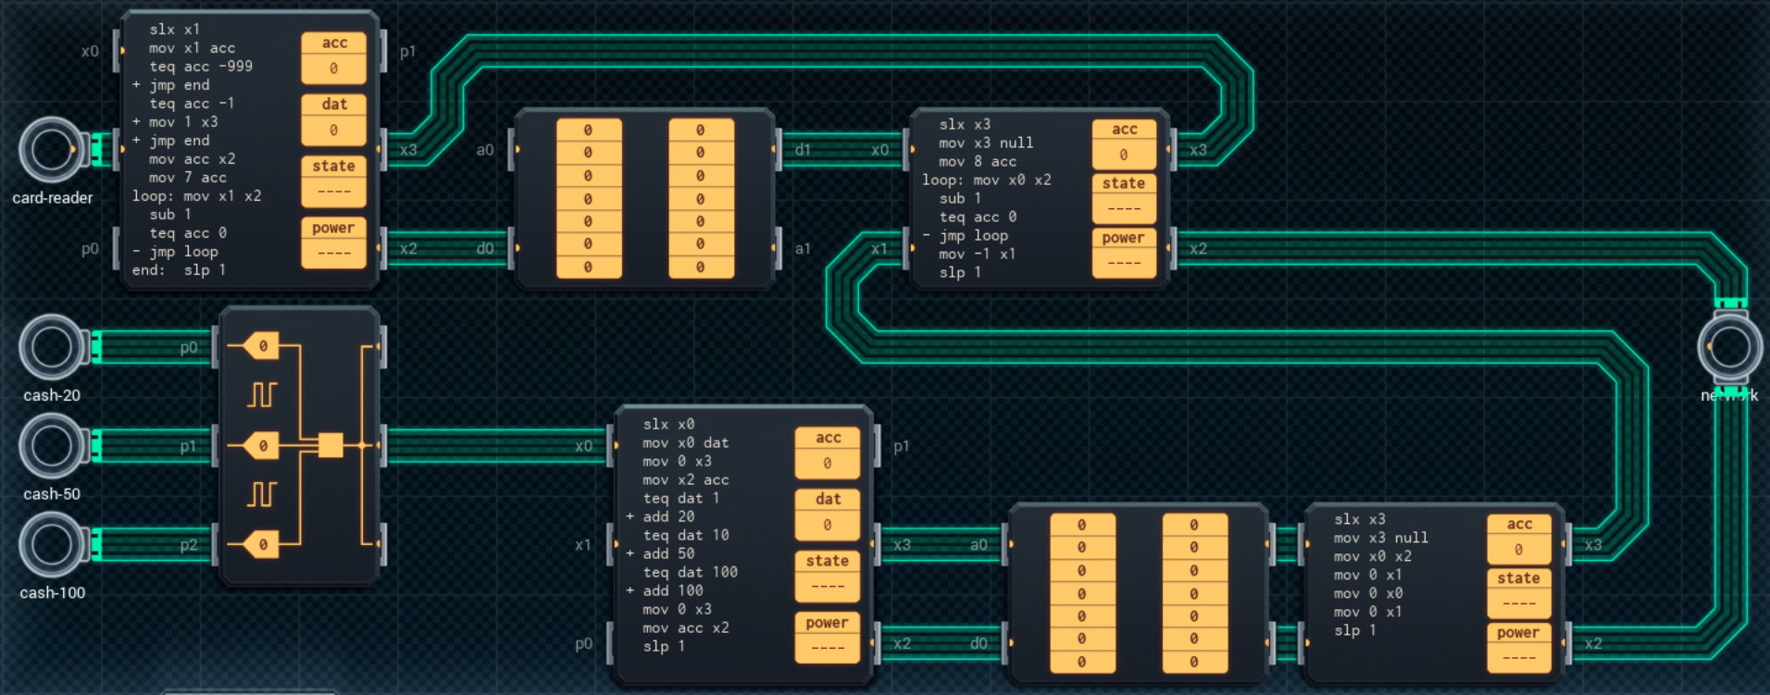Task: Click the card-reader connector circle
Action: pyautogui.click(x=51, y=149)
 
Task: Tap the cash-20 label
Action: pyautogui.click(x=52, y=395)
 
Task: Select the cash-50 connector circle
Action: pyautogui.click(x=51, y=446)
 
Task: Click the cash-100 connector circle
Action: pyautogui.click(x=51, y=545)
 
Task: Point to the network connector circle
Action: pyautogui.click(x=1729, y=347)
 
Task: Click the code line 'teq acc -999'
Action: pyautogui.click(x=201, y=67)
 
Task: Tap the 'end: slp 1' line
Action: pyautogui.click(x=179, y=270)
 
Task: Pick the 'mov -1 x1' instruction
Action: pyautogui.click(x=977, y=254)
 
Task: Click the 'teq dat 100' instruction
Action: pyautogui.click(x=691, y=572)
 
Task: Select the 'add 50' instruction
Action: pyautogui.click(x=668, y=553)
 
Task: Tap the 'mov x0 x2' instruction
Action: pyautogui.click(x=1373, y=556)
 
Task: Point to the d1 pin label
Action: pyautogui.click(x=803, y=150)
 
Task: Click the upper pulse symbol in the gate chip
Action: pyautogui.click(x=262, y=395)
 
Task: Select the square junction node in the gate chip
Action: pyautogui.click(x=330, y=446)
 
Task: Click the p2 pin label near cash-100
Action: pyautogui.click(x=189, y=545)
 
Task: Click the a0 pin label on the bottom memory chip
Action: pyautogui.click(x=978, y=545)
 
